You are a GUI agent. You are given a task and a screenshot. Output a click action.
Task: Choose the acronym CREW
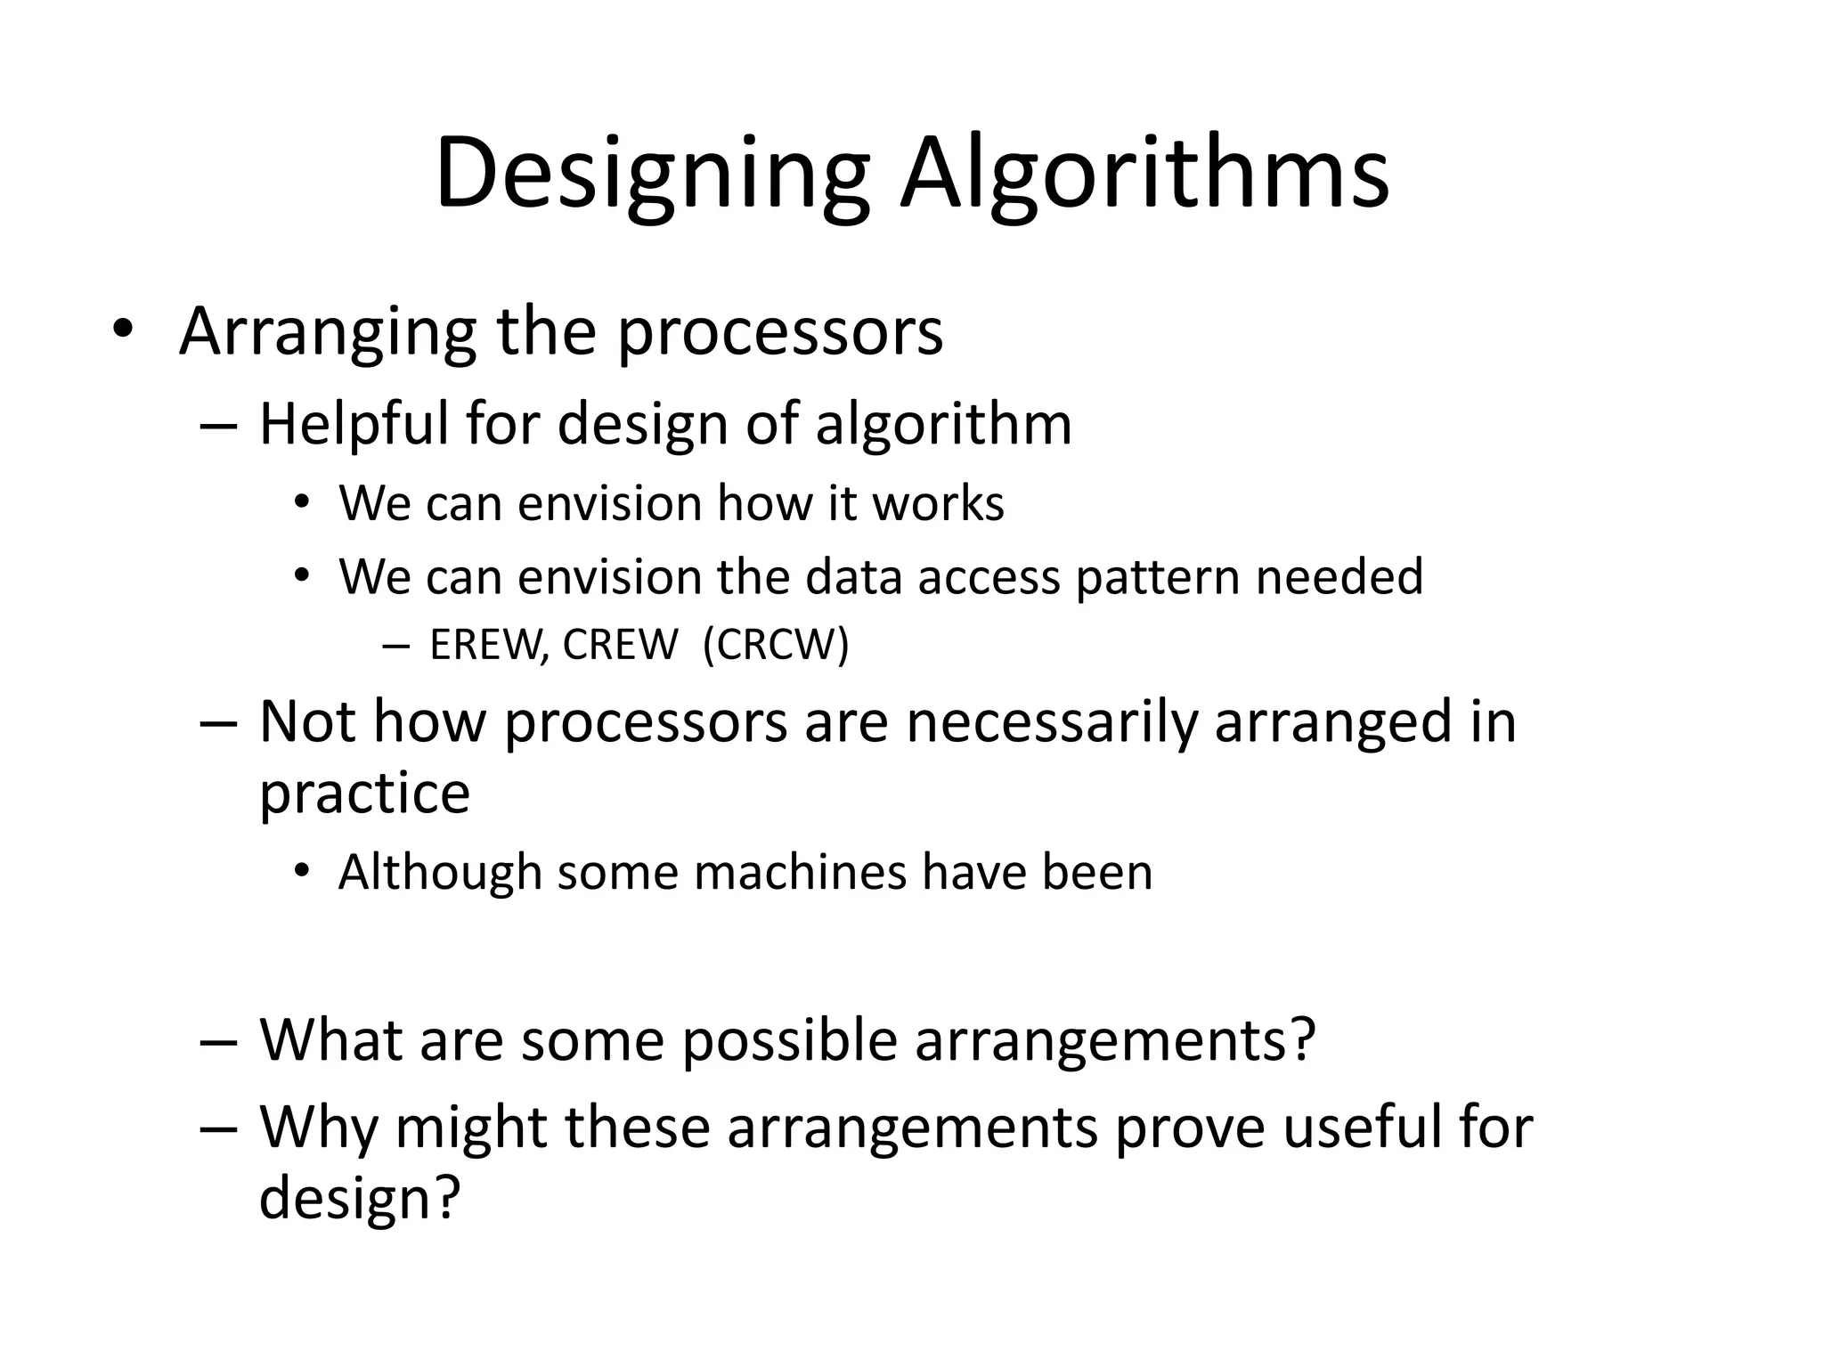pos(620,645)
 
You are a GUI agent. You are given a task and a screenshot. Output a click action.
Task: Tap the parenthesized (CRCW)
pos(776,645)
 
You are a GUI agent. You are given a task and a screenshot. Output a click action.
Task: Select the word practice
pos(364,793)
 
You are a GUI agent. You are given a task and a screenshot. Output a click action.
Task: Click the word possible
pos(789,1039)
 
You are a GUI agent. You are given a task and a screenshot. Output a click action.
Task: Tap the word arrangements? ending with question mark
pos(1115,1041)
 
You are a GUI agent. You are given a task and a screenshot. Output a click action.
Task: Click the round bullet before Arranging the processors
pos(123,332)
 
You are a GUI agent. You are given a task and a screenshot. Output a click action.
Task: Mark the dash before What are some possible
pos(219,1041)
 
